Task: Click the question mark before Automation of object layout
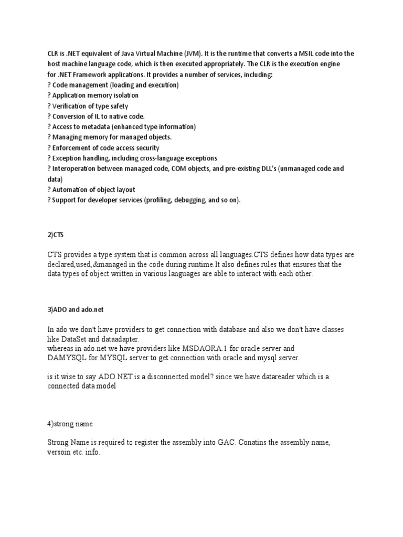[49, 190]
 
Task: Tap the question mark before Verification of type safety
[49, 106]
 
